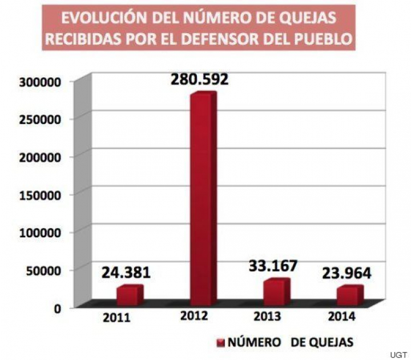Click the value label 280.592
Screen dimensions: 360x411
tap(199, 79)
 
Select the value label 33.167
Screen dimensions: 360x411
tap(273, 266)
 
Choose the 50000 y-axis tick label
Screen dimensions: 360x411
tap(40, 270)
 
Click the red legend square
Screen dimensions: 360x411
tap(220, 343)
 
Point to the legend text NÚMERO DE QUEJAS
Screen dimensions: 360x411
tap(291, 342)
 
